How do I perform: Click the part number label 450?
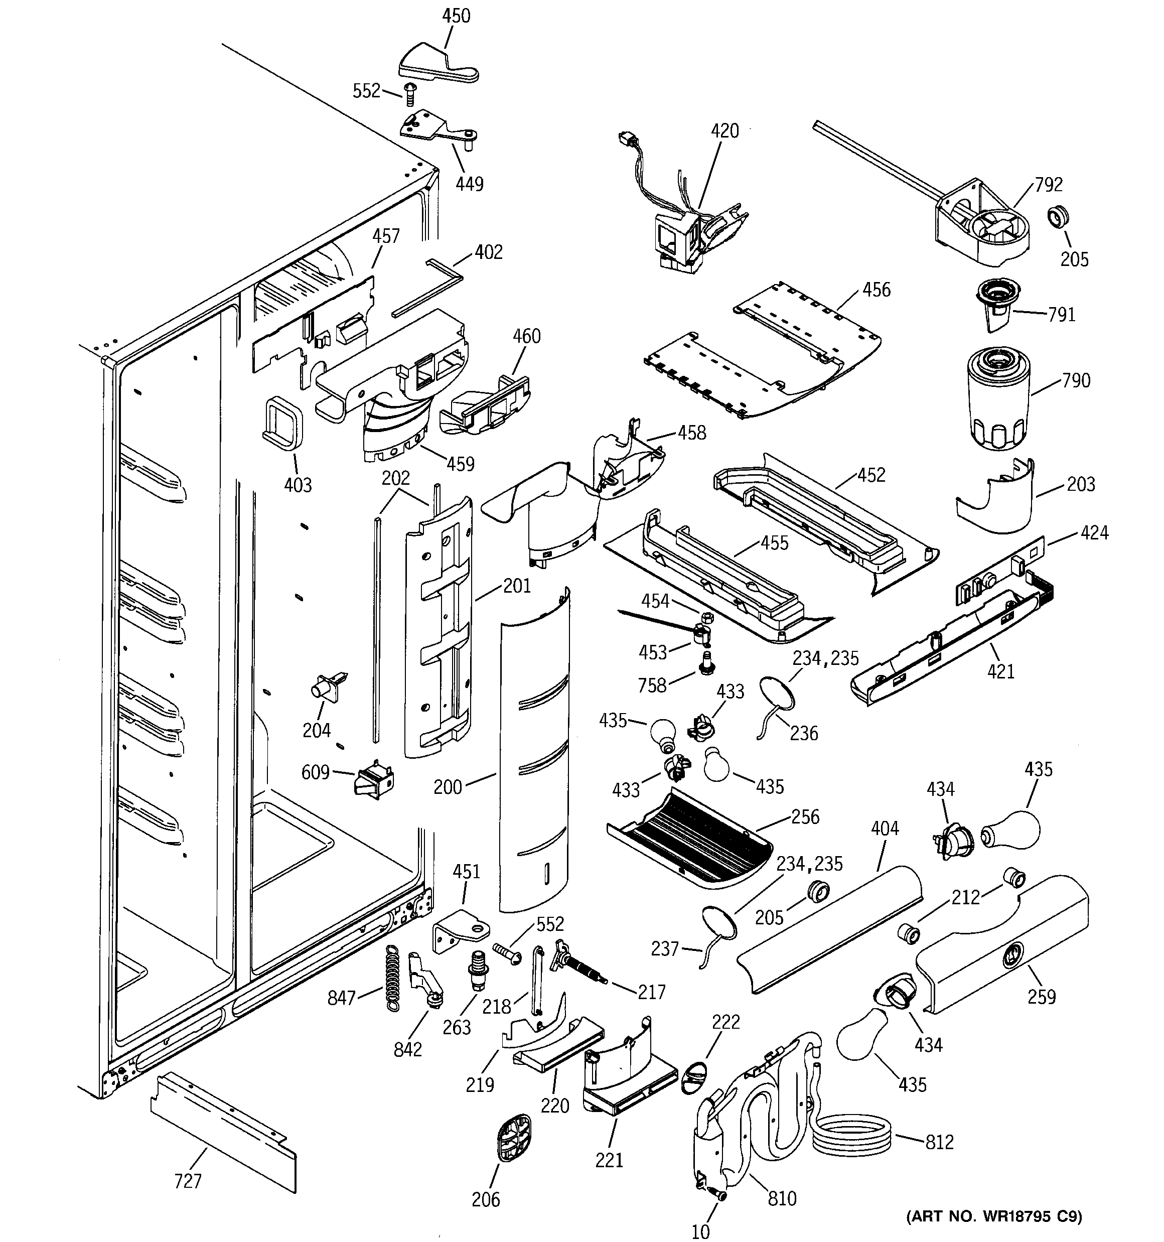[456, 16]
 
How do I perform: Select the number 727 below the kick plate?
[188, 1181]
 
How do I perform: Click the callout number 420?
[725, 131]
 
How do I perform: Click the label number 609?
[316, 772]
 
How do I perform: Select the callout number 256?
[805, 816]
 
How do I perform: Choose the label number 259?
[1042, 996]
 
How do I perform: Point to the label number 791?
[1062, 314]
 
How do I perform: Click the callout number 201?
[517, 586]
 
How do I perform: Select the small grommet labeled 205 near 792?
[1058, 217]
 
